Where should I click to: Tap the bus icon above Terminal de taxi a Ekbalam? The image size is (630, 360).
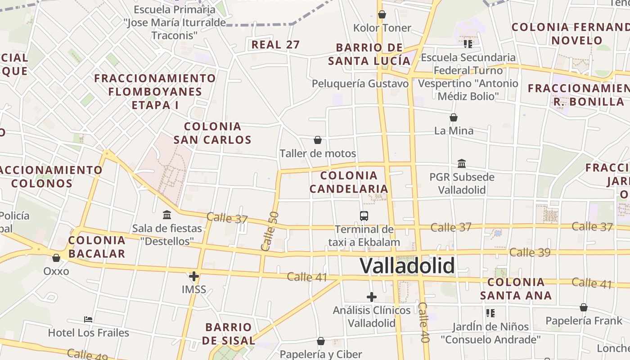pyautogui.click(x=364, y=216)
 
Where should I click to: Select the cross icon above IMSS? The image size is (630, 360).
pyautogui.click(x=194, y=276)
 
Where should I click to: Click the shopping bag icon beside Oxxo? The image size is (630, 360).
pyautogui.click(x=56, y=258)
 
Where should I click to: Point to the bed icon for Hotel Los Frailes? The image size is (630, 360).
pyautogui.click(x=88, y=320)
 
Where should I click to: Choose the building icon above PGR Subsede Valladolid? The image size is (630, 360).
pyautogui.click(x=462, y=164)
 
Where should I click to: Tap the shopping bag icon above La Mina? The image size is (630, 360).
pyautogui.click(x=454, y=117)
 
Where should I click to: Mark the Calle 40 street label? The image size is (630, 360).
pyautogui.click(x=424, y=322)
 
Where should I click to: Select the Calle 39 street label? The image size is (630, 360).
pyautogui.click(x=530, y=252)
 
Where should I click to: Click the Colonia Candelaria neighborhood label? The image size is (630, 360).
pyautogui.click(x=349, y=182)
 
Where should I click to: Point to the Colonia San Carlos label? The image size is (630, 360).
pyautogui.click(x=212, y=133)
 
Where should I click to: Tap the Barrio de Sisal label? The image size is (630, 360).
pyautogui.click(x=229, y=333)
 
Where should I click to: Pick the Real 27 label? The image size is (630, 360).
pyautogui.click(x=275, y=45)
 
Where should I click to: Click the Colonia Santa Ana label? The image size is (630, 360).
pyautogui.click(x=516, y=289)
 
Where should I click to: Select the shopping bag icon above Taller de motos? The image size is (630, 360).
pyautogui.click(x=318, y=140)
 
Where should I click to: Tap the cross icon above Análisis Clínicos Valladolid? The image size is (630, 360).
pyautogui.click(x=372, y=297)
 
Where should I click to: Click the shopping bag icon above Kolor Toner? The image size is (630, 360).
pyautogui.click(x=382, y=14)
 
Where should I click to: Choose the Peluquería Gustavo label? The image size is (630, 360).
pyautogui.click(x=360, y=84)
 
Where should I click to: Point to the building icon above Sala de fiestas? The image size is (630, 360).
pyautogui.click(x=167, y=215)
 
